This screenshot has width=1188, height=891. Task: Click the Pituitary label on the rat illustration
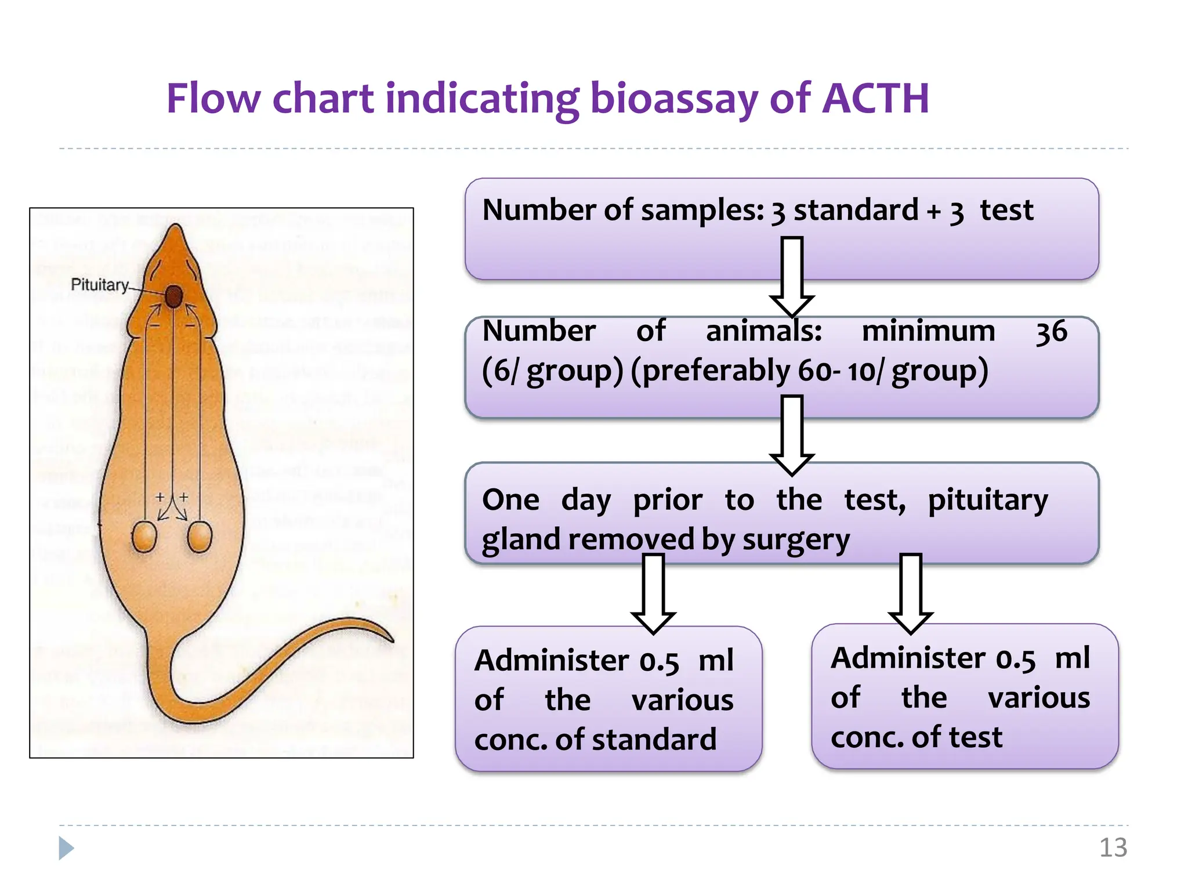coord(99,285)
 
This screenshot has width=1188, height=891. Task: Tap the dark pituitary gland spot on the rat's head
coord(173,296)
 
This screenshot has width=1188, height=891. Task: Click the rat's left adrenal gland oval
coord(144,537)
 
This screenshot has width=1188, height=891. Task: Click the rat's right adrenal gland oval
coord(200,537)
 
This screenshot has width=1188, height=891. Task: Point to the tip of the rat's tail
coord(393,640)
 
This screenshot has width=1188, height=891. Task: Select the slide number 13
coord(1113,847)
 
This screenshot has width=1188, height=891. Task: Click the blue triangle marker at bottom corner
coord(66,848)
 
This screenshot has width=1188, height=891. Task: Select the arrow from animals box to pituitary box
coord(792,435)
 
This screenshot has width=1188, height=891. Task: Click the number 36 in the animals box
coord(1051,332)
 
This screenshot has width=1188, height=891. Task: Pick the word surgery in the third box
coord(796,540)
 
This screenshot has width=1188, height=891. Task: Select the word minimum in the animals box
coord(928,331)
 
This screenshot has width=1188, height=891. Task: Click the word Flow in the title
coord(213,99)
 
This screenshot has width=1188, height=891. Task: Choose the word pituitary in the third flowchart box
coord(988,500)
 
